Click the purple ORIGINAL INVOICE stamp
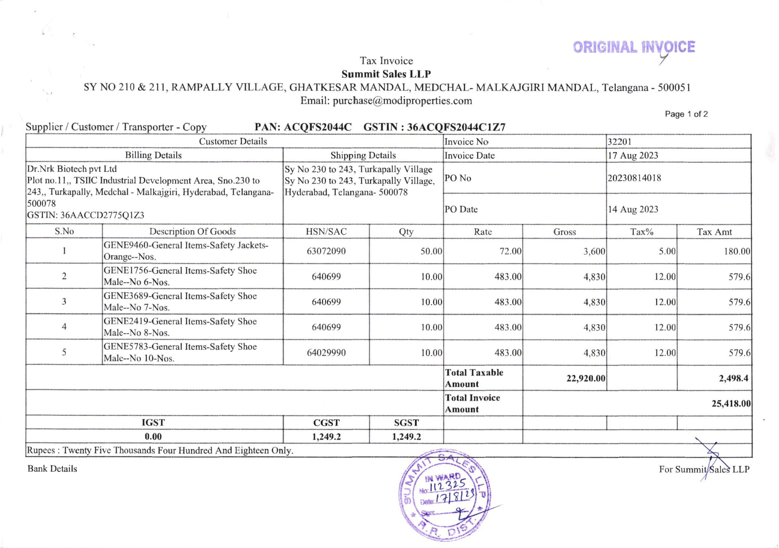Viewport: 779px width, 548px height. point(634,47)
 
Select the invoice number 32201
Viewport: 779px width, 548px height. point(619,142)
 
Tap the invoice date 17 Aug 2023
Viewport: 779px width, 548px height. point(633,155)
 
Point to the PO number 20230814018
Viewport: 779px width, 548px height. point(634,178)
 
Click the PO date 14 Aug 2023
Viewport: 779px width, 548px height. point(633,209)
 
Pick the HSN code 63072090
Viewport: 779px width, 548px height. point(326,251)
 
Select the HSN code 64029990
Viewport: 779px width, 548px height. point(326,353)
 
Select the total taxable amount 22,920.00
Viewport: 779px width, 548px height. point(585,378)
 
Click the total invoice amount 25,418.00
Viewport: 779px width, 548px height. point(731,403)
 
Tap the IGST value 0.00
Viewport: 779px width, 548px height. point(153,437)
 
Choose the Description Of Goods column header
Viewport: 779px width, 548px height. point(193,231)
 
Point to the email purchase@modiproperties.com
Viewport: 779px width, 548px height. point(386,101)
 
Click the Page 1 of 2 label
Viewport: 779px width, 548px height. point(686,114)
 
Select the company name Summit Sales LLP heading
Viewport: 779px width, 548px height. point(386,74)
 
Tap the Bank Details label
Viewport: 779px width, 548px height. point(52,469)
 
